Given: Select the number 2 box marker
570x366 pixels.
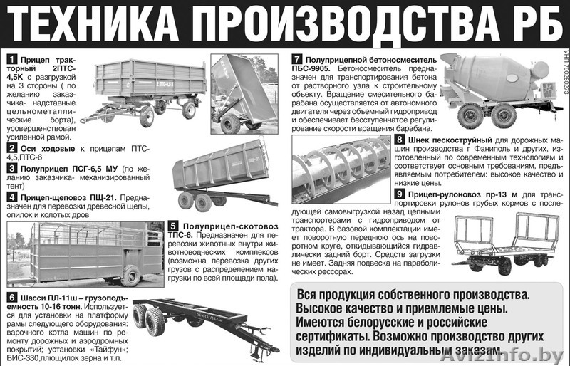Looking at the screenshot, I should pos(11,148).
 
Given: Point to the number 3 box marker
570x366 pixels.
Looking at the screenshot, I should pos(11,168).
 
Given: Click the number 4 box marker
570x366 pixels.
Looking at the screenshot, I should pos(11,197).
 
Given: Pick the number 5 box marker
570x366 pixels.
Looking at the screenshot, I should pos(172,226).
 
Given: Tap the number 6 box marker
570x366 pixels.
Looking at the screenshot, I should pos(11,297).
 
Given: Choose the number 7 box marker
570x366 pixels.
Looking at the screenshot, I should pos(296,58).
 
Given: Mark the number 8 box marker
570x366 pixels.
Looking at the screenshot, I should pos(400,140).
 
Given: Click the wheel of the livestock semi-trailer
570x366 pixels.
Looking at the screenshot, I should pos(131,275).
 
